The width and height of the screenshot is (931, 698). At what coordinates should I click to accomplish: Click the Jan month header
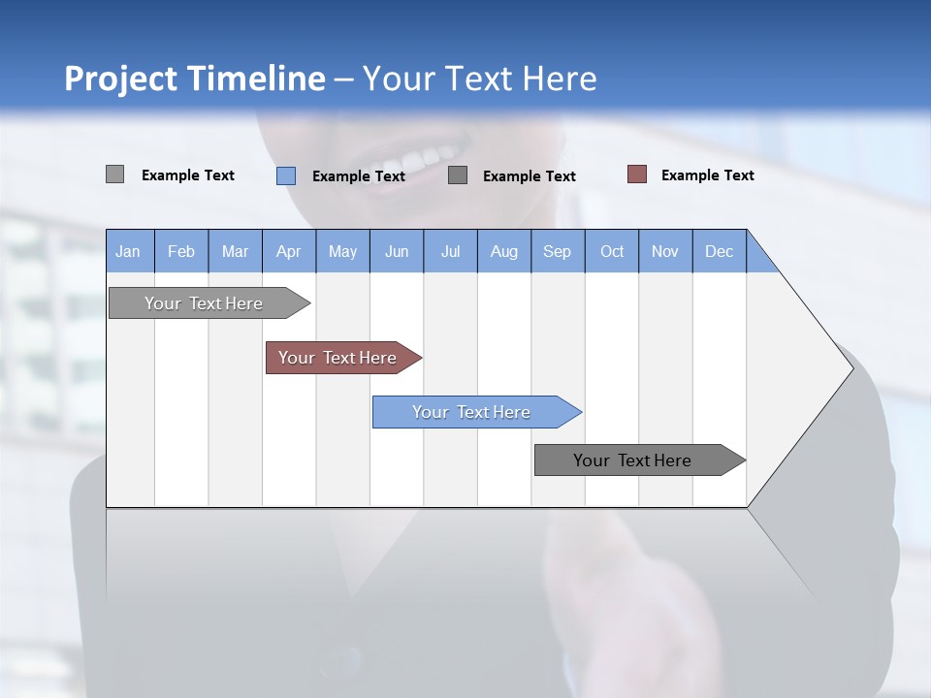tap(128, 251)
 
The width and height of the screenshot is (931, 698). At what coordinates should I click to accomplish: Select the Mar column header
tap(235, 251)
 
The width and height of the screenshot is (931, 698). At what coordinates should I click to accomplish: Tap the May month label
tap(342, 251)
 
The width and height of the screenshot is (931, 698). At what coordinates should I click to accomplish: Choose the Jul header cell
tap(450, 251)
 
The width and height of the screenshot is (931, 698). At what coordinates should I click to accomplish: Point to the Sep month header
tap(557, 251)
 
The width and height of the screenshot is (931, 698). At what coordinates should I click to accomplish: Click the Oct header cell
tap(612, 251)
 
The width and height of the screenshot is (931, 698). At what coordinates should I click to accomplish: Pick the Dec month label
tap(719, 251)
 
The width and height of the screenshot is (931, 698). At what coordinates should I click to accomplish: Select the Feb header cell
tap(181, 251)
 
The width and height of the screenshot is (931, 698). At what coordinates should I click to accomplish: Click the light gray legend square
tap(114, 174)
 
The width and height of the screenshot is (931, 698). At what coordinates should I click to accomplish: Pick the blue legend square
tap(286, 175)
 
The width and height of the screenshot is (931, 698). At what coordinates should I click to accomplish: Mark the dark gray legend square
tap(458, 174)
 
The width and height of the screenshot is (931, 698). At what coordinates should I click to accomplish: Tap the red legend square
tap(636, 174)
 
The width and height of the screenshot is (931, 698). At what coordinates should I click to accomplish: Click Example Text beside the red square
tap(707, 175)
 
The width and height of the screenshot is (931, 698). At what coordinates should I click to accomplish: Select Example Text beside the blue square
tap(358, 176)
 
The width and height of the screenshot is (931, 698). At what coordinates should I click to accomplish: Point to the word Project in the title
tap(119, 79)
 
